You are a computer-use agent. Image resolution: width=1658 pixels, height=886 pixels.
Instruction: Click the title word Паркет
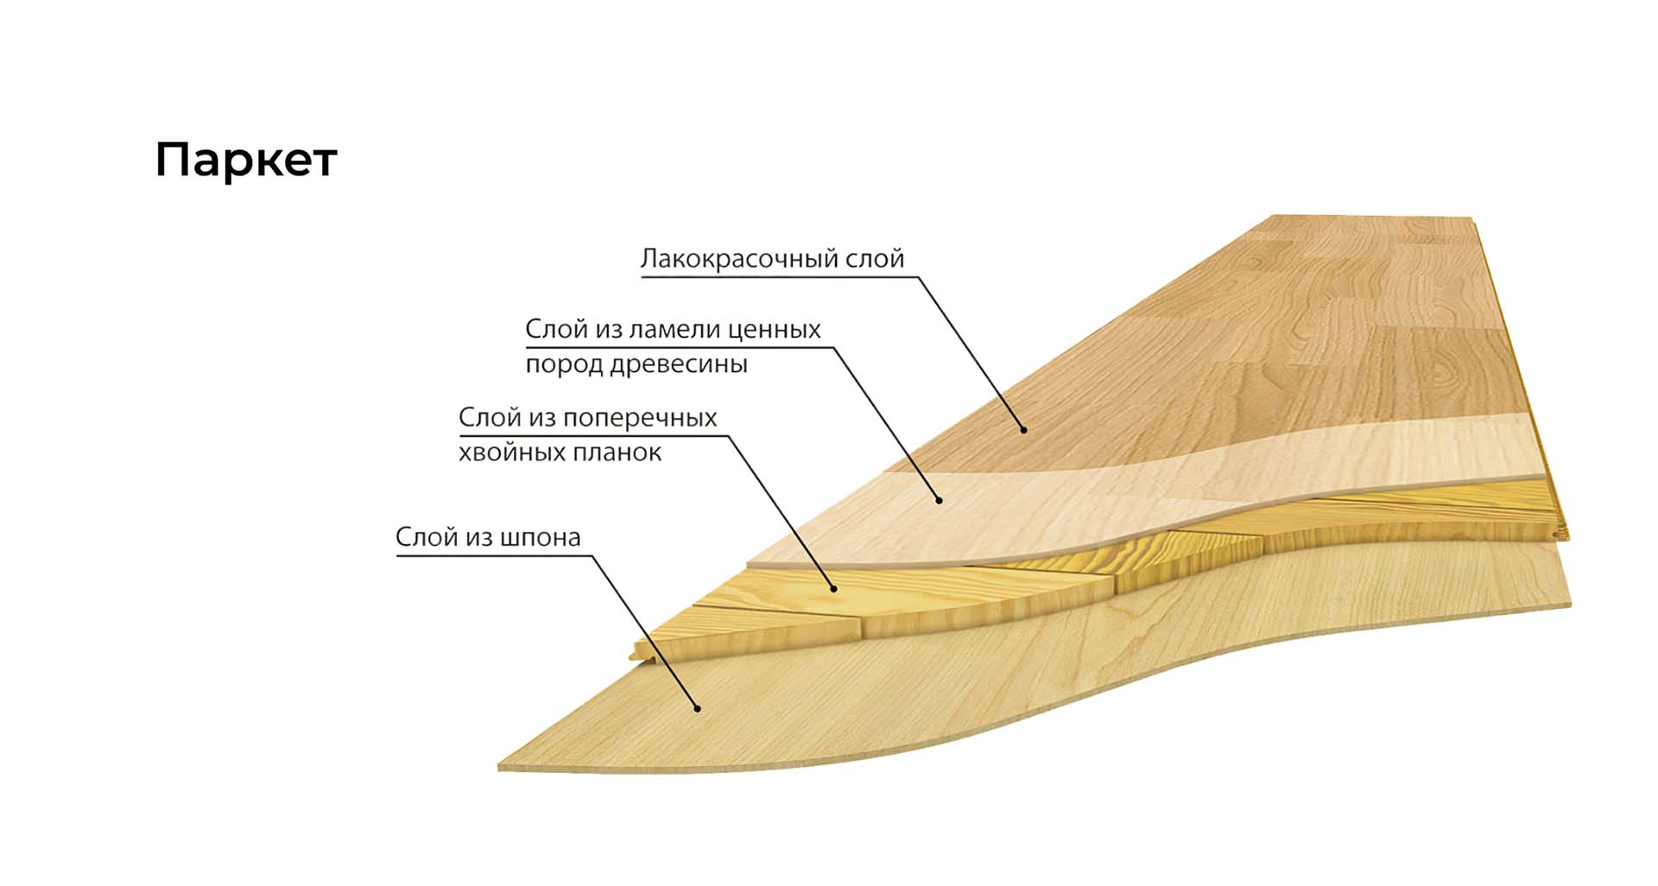tap(246, 161)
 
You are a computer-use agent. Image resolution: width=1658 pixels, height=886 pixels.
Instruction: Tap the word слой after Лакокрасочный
tap(874, 258)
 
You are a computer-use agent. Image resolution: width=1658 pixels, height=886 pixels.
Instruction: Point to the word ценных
tap(775, 330)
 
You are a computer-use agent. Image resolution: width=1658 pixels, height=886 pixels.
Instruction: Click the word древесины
tap(679, 364)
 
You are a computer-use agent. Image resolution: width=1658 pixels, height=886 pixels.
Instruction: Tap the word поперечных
tap(640, 418)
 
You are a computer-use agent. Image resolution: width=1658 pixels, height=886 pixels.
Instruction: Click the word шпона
tap(541, 538)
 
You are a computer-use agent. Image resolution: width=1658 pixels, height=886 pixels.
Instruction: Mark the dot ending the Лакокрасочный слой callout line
tap(1023, 429)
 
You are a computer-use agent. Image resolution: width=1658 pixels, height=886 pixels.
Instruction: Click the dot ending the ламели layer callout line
tap(940, 500)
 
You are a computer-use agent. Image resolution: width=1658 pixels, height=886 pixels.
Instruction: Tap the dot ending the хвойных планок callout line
tap(834, 589)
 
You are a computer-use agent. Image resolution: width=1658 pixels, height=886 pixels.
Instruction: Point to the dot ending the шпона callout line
tap(697, 709)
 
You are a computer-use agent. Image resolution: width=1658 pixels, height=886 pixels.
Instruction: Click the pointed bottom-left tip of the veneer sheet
tap(498, 767)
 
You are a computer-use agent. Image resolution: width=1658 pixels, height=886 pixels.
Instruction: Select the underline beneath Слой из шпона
tap(495, 555)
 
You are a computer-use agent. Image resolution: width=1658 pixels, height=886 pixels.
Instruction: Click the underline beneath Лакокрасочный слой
tap(778, 277)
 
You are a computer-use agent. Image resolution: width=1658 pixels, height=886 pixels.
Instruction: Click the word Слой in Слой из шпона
tap(427, 537)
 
